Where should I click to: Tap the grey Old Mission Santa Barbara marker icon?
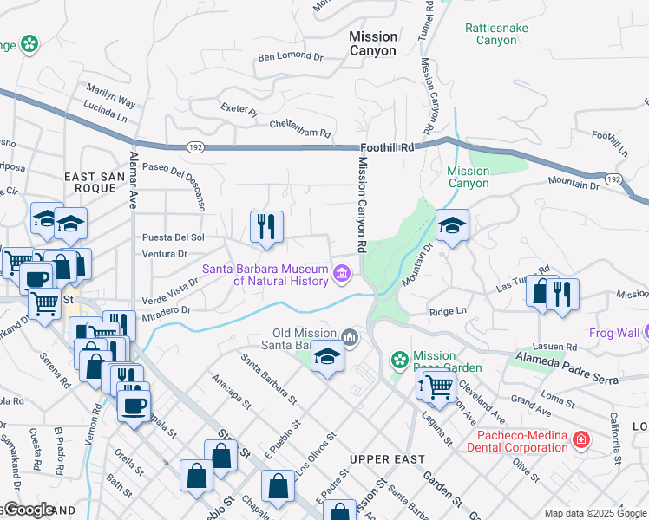click(351, 336)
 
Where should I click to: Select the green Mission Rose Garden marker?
click(400, 359)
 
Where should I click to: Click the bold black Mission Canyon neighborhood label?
click(373, 43)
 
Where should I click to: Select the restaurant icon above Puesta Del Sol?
click(266, 227)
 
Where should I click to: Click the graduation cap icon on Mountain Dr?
click(452, 227)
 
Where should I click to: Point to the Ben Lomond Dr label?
click(291, 58)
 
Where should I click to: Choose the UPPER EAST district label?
click(387, 458)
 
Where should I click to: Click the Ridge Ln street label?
click(448, 311)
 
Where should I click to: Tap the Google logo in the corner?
click(28, 510)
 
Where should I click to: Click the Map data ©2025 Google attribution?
click(594, 512)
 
